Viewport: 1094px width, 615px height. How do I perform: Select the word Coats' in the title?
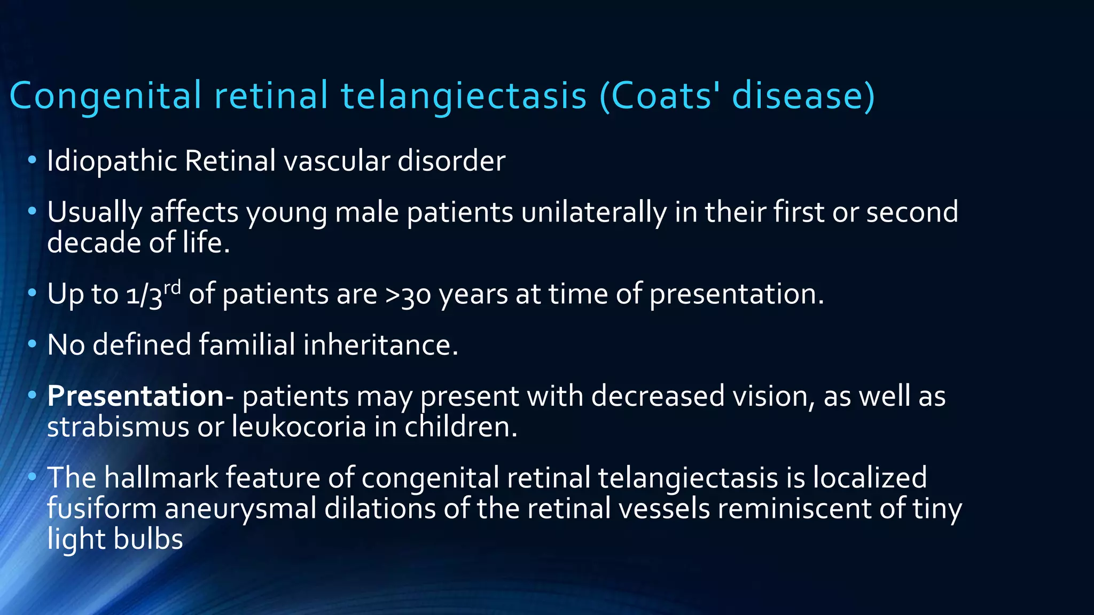click(x=666, y=96)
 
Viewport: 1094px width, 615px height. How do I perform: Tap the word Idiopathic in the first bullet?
click(x=112, y=161)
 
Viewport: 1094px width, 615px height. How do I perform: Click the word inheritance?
click(x=380, y=345)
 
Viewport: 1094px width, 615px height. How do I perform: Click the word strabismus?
click(x=118, y=427)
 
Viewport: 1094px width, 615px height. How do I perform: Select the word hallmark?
click(x=161, y=477)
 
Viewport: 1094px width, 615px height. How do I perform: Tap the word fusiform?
click(x=101, y=508)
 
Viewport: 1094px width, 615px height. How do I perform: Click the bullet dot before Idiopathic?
click(x=32, y=160)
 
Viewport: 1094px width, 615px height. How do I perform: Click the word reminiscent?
click(x=794, y=508)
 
